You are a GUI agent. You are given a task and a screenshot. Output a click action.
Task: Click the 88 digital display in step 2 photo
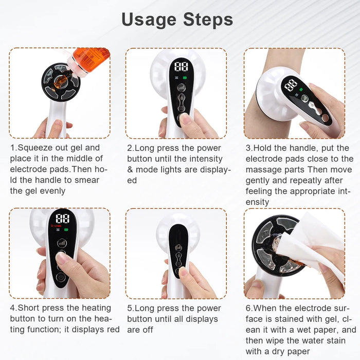[x=181, y=66]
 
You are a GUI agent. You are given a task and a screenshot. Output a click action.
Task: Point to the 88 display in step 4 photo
[x=62, y=218]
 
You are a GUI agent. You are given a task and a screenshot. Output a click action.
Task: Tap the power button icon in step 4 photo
[x=61, y=277]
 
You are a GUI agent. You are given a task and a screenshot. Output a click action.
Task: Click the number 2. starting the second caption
[x=131, y=148]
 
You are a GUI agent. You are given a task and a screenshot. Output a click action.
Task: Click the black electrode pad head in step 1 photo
[x=61, y=82]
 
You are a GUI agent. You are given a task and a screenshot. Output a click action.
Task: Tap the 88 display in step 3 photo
[x=291, y=83]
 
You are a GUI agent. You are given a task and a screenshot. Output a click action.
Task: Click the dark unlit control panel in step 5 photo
[x=179, y=249]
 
